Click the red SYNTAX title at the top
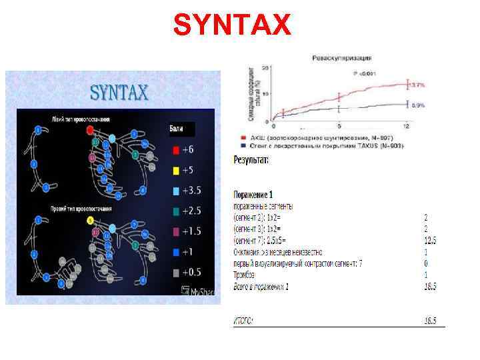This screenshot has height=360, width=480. [x=232, y=25]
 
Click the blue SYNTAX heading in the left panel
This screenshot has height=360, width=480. [x=119, y=92]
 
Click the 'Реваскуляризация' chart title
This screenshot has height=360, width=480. [x=342, y=59]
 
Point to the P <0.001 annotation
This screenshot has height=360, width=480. [x=366, y=73]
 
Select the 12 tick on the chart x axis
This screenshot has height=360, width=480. [x=406, y=126]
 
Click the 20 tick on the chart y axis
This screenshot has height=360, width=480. [x=266, y=67]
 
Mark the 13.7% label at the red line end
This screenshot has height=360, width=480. [x=417, y=85]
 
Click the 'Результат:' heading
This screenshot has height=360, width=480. [x=251, y=160]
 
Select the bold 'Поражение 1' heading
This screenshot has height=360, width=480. [x=253, y=195]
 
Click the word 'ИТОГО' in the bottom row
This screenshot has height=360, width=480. [x=243, y=321]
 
